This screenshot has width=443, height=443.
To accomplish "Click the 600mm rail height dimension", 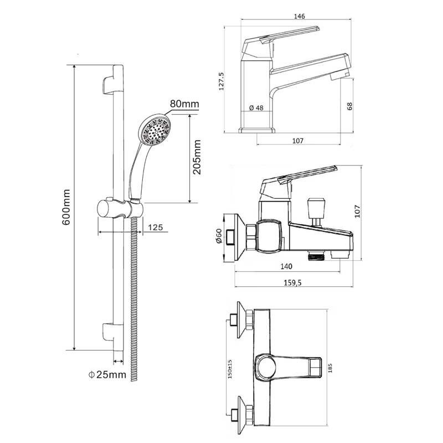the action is pos(66,207).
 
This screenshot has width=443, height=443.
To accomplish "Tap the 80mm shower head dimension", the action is pos(184,104).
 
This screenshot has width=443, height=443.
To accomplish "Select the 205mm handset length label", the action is pos(197,157).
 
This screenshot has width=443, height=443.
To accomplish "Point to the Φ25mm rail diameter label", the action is pos(107,375).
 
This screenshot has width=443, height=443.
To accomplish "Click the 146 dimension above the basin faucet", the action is pos(299,16).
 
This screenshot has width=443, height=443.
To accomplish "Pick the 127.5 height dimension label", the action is pos(221,81).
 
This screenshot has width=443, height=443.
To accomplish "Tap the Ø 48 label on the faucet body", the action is pos(256,107).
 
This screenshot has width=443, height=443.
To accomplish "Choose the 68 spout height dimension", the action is pos(349,106).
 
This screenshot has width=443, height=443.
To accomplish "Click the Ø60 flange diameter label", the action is pos(219,236).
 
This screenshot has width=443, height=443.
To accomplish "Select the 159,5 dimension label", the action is pos(292,282).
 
